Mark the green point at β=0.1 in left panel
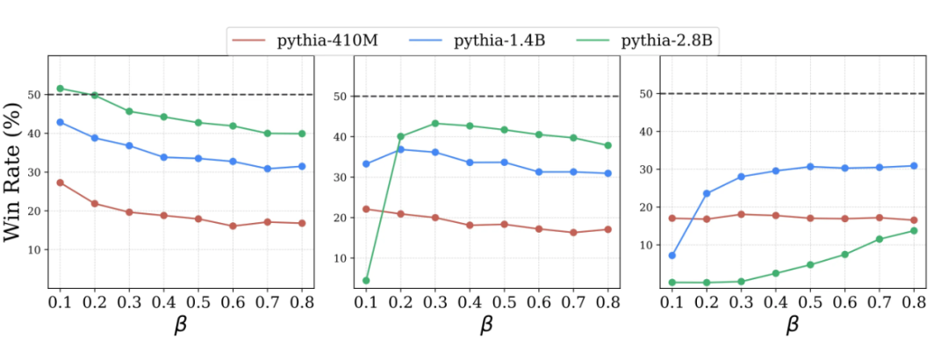(61, 88)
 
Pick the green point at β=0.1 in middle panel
(366, 280)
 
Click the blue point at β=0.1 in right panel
(672, 256)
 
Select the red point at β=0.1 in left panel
(61, 183)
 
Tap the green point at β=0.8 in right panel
(914, 231)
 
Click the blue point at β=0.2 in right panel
(707, 193)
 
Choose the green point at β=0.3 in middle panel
(434, 123)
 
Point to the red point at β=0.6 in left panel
(233, 226)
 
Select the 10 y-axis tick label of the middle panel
(338, 258)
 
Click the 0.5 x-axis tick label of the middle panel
(504, 303)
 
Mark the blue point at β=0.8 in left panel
(302, 166)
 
